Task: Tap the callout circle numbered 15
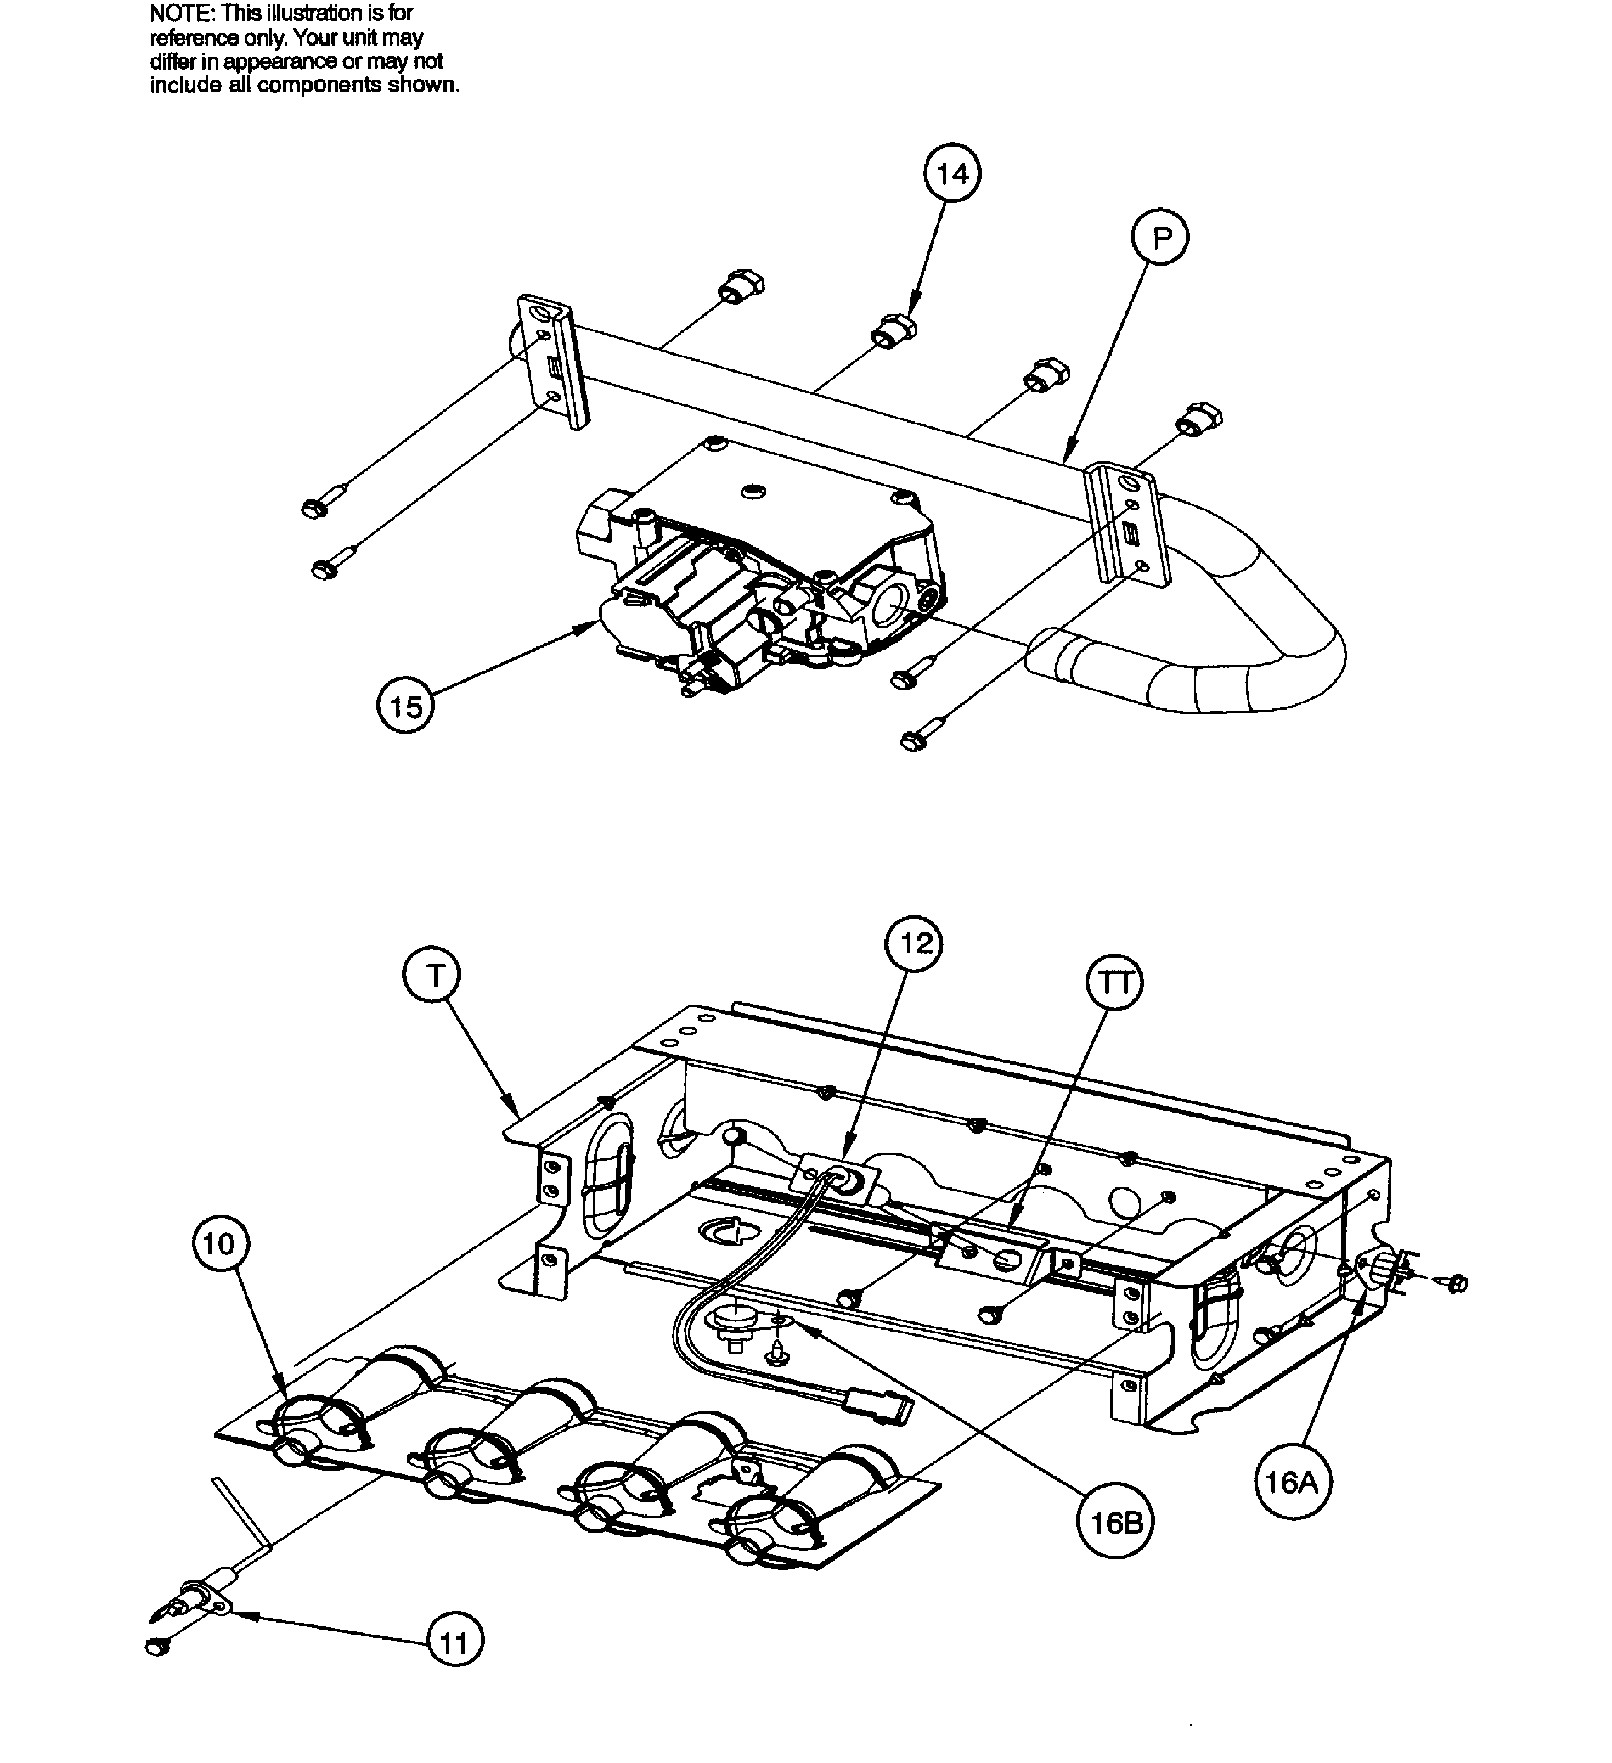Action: pyautogui.click(x=406, y=707)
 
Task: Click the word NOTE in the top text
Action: pyautogui.click(x=181, y=13)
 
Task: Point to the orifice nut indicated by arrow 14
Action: pyautogui.click(x=892, y=331)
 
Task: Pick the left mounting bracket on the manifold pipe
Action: pyautogui.click(x=554, y=361)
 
